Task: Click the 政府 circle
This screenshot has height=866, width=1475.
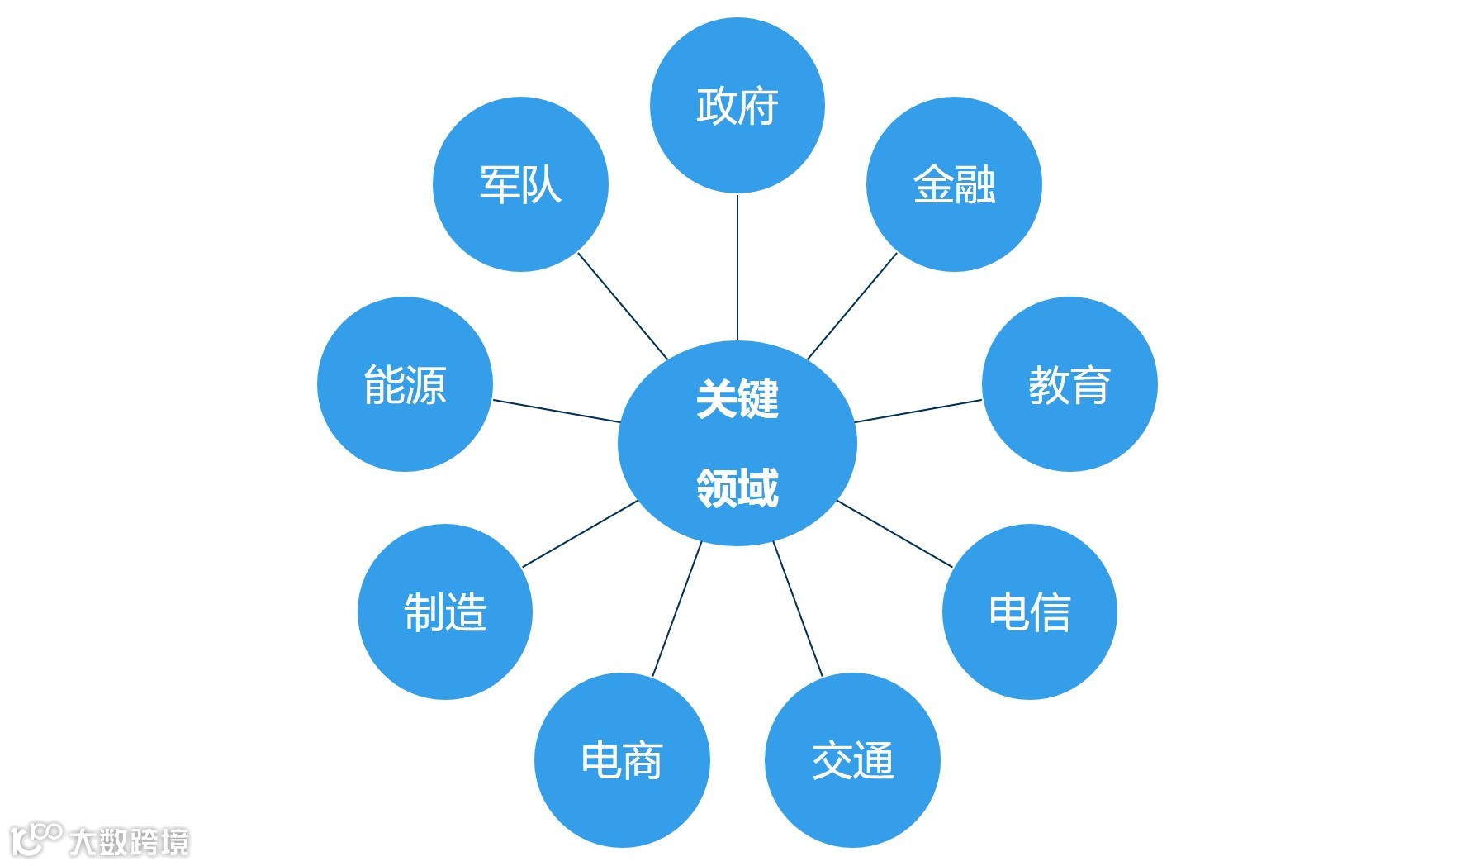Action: click(x=737, y=106)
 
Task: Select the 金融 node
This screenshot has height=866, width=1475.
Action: click(x=954, y=184)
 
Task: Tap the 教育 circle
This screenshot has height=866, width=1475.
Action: click(x=1069, y=384)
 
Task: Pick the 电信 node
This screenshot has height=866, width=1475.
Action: click(x=1029, y=611)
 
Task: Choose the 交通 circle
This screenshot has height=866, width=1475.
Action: click(x=852, y=760)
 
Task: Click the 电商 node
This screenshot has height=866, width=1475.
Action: click(x=622, y=760)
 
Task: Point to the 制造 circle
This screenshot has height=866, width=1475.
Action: click(x=445, y=611)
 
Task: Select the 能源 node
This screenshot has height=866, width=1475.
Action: click(x=405, y=384)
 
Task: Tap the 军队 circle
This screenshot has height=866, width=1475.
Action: click(x=520, y=184)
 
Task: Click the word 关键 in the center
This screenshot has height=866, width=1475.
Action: click(x=737, y=399)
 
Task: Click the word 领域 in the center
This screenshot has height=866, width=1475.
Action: click(x=737, y=487)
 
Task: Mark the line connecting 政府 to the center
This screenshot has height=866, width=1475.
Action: click(x=737, y=267)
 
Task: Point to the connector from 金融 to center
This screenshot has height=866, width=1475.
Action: click(x=851, y=307)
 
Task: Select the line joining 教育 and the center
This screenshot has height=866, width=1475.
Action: click(x=918, y=412)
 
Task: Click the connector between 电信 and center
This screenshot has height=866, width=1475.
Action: click(x=894, y=534)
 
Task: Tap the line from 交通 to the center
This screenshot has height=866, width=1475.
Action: click(x=798, y=609)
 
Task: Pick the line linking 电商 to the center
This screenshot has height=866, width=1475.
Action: click(x=677, y=609)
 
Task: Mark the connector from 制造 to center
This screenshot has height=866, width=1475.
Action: click(x=581, y=534)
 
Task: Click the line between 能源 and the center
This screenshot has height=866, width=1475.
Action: click(x=556, y=412)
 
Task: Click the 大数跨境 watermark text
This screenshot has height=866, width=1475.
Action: click(x=129, y=842)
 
